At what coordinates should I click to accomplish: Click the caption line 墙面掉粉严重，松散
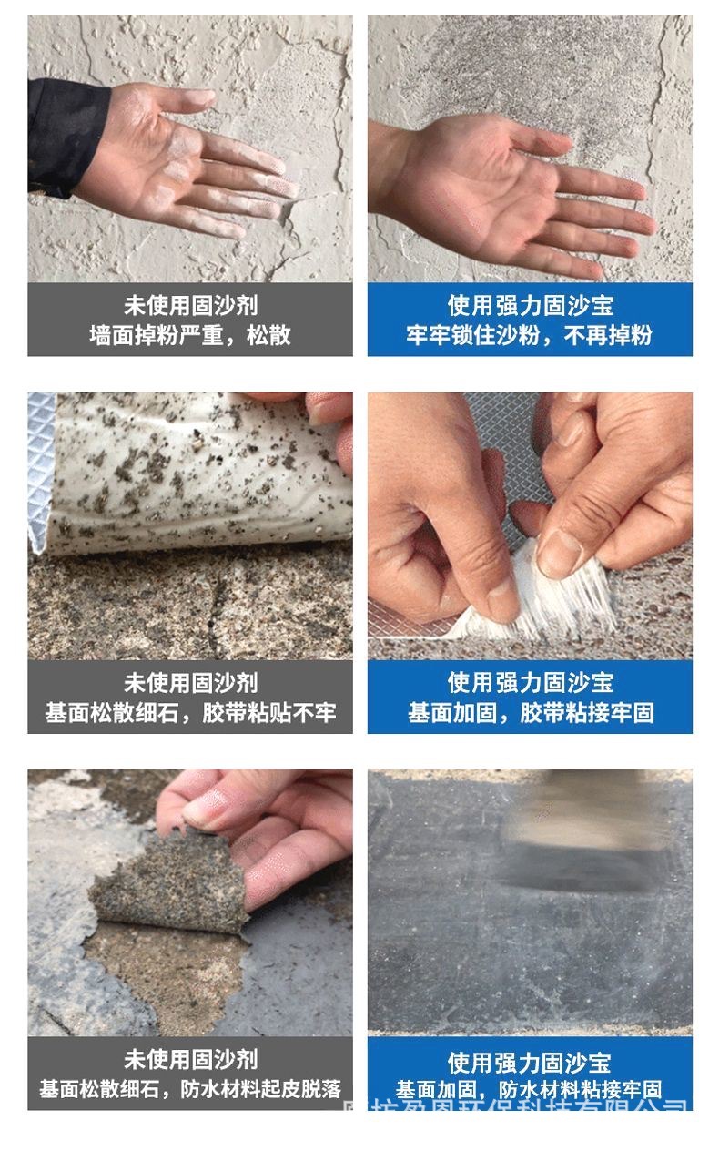tap(189, 335)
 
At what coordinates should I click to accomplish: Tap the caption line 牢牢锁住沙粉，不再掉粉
tap(530, 335)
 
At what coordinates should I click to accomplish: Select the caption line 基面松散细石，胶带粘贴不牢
tap(189, 712)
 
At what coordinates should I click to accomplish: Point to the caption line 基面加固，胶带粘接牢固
tap(530, 712)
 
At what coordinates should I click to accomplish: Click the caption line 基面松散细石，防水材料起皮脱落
tap(189, 1089)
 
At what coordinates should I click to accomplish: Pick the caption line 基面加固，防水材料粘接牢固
tap(530, 1089)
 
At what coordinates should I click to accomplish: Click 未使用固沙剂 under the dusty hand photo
tap(189, 305)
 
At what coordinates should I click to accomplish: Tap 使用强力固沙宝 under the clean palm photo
tap(530, 305)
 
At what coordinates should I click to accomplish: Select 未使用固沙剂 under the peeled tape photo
tap(189, 682)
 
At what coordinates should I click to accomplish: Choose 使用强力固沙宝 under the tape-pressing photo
tap(530, 682)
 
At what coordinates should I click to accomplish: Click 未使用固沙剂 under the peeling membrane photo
tap(189, 1059)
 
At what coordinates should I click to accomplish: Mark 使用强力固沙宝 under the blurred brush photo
tap(530, 1062)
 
